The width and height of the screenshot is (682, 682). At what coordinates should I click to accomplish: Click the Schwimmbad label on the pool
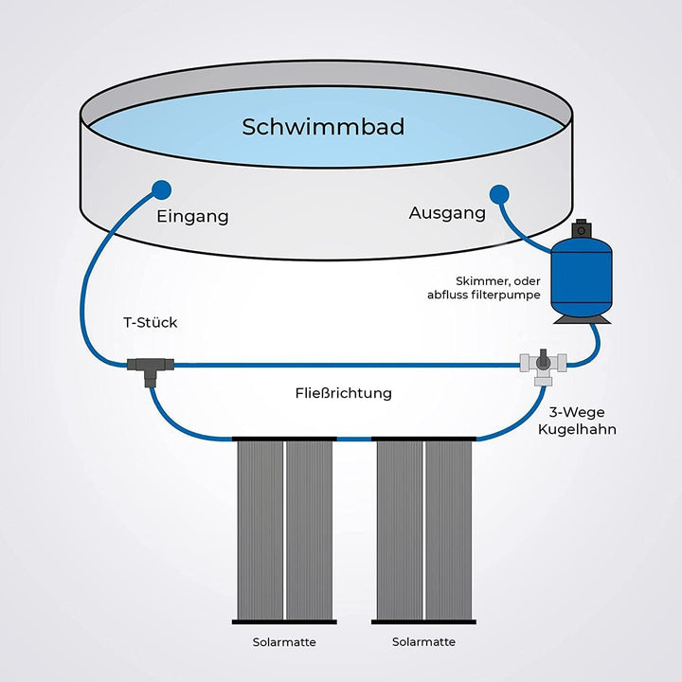323,127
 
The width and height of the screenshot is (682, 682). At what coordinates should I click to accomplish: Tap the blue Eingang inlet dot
161,188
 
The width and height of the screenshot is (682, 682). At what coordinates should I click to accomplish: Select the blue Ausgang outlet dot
499,194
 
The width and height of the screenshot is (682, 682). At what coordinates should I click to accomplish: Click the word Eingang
192,216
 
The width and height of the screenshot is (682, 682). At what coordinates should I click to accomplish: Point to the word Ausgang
447,213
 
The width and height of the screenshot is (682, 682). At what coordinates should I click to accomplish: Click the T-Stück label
151,323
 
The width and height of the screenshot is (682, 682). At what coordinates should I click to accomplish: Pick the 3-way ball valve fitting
542,364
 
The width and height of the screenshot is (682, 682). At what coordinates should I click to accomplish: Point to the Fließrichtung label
343,392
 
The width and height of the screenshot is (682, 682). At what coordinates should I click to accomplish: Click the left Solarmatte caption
284,642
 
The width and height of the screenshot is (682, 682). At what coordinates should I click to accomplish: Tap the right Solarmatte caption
423,642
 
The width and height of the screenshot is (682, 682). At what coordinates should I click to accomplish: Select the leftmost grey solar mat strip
258,529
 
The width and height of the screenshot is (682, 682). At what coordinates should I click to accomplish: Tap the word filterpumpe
507,295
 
